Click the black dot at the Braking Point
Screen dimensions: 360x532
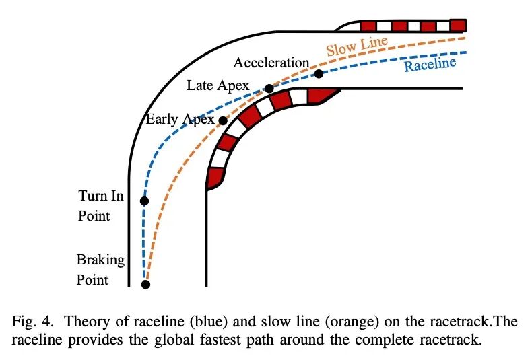(x=145, y=284)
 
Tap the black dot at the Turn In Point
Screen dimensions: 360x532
(x=144, y=201)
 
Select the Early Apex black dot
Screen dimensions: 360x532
(x=223, y=121)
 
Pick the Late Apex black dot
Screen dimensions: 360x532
(x=269, y=88)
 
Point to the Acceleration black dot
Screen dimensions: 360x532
(x=319, y=73)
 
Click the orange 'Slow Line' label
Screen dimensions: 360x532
(x=357, y=46)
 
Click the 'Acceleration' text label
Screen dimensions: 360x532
(x=271, y=63)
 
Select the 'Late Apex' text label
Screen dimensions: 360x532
(x=218, y=85)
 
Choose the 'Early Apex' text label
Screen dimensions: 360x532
(x=180, y=120)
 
